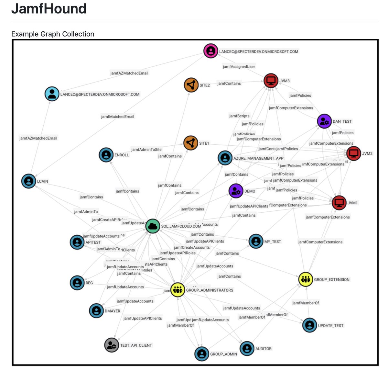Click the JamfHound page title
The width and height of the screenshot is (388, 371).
point(49,8)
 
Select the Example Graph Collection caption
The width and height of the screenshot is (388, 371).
point(53,34)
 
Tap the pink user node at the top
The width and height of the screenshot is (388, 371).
point(211,51)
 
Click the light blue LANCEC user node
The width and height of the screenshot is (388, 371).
point(52,94)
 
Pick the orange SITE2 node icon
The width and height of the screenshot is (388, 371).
point(191,85)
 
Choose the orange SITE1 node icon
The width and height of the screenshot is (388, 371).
point(191,143)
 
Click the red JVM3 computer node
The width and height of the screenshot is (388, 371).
point(271,80)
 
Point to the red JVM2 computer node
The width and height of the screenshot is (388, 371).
point(354,153)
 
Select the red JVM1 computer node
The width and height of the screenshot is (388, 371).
point(339,203)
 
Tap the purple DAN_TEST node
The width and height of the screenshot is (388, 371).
point(324,121)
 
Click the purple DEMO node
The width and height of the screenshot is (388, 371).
point(236,191)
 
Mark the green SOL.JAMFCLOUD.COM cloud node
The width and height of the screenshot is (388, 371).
point(153,226)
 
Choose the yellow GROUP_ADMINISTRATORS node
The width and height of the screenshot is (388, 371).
point(177,290)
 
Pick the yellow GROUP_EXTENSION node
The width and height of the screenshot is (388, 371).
point(306,279)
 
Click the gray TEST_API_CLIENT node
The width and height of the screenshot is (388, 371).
point(112,345)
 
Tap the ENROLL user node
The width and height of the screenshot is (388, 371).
point(106,155)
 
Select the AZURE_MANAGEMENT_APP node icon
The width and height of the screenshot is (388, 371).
point(225,158)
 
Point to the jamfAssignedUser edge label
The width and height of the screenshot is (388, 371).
point(239,66)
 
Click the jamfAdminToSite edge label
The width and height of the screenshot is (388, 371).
point(146,149)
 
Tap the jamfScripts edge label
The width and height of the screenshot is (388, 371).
point(239,116)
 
